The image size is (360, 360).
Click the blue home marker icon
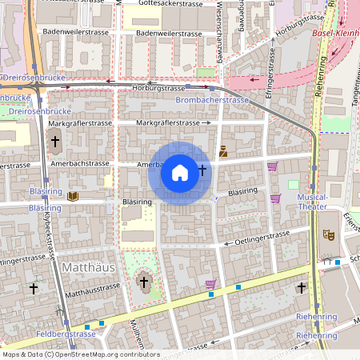click(x=180, y=173)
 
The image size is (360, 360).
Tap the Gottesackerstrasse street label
click(x=170, y=4)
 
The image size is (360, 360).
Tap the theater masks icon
click(x=327, y=235)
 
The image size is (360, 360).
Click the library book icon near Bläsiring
click(x=73, y=196)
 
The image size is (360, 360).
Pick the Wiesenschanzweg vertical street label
click(x=218, y=28)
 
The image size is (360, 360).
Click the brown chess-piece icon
click(x=223, y=150)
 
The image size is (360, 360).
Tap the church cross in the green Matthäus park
click(x=145, y=281)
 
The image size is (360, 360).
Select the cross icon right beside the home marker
click(x=202, y=170)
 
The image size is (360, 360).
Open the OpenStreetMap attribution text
click(x=81, y=354)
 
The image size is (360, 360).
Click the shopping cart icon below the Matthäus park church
click(x=210, y=283)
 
